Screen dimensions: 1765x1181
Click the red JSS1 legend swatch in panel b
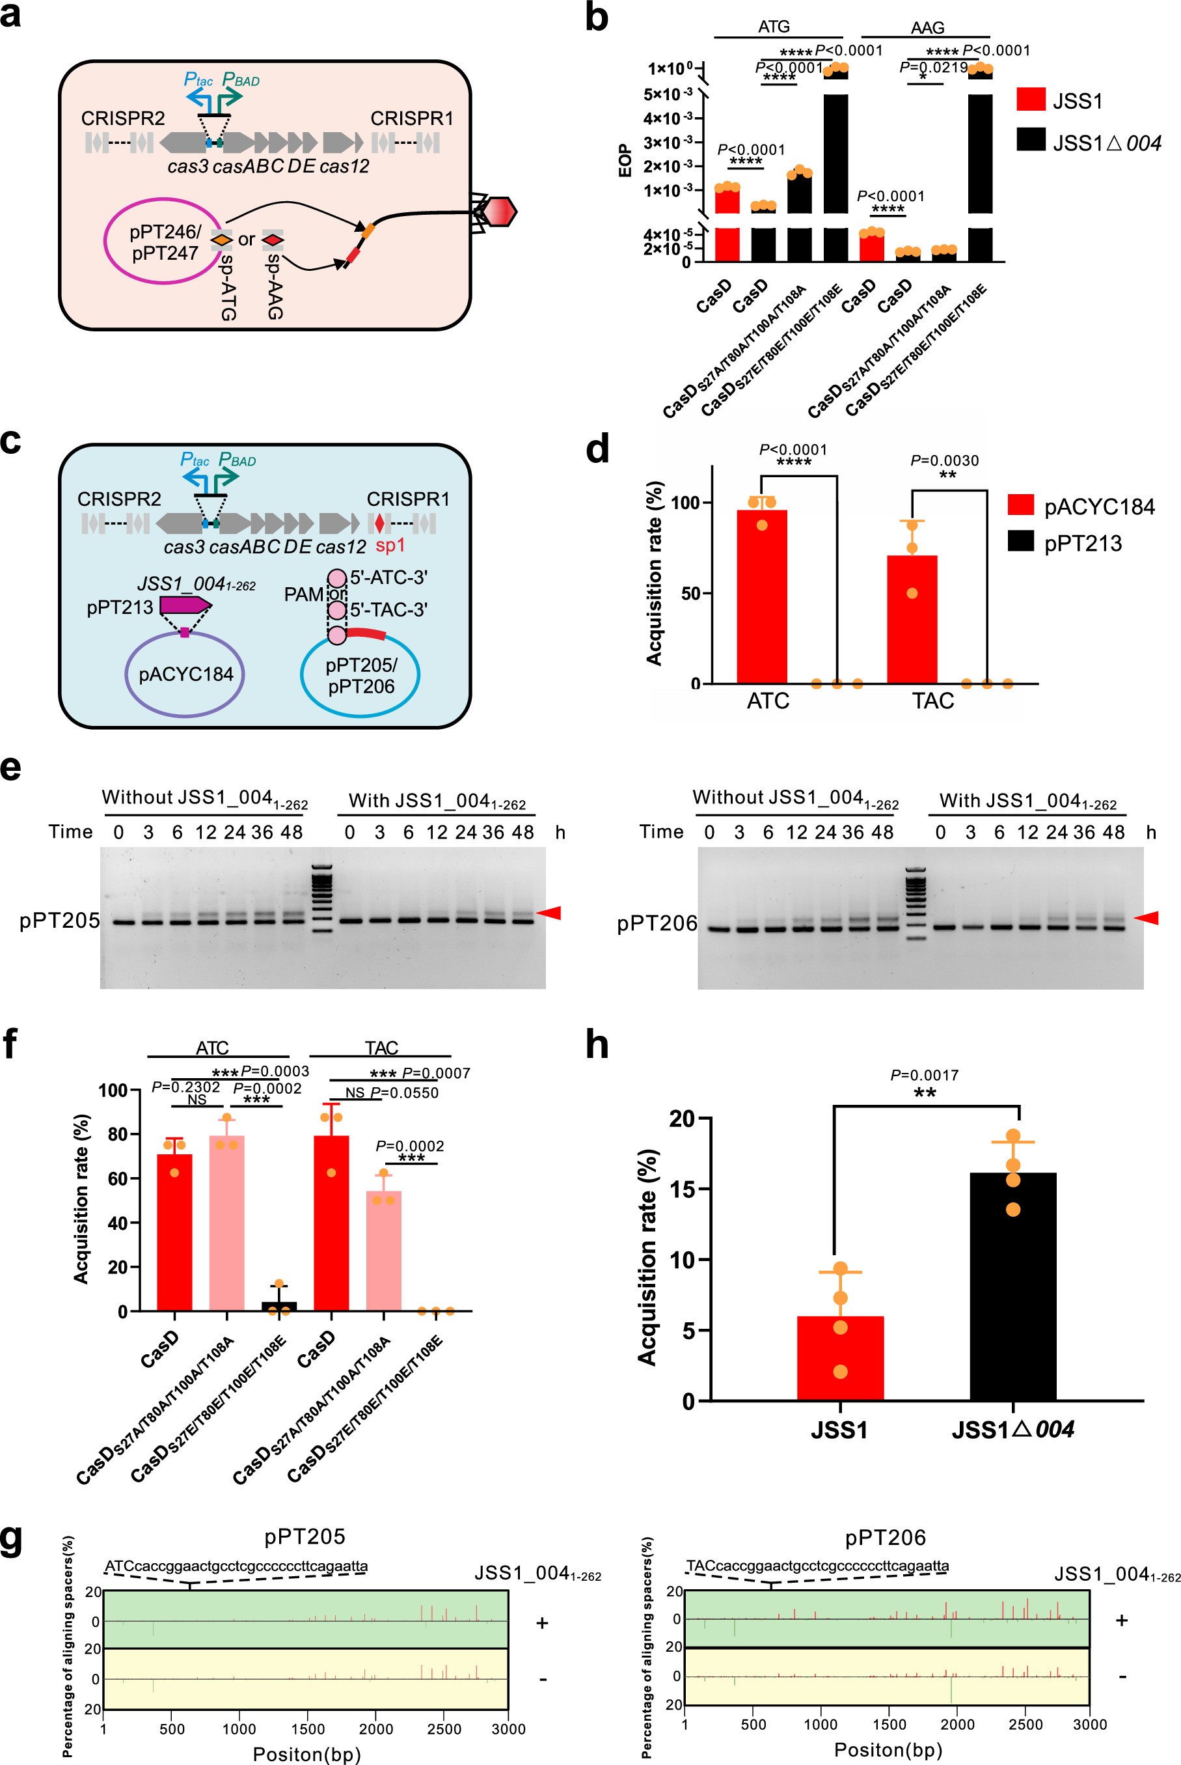pos(1030,100)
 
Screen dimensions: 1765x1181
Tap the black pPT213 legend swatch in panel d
pos(1020,541)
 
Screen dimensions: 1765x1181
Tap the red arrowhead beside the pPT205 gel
pos(549,913)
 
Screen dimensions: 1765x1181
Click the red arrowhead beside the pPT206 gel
pos(1146,918)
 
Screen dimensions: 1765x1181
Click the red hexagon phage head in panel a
pos(498,212)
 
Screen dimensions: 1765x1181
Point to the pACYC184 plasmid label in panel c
pos(185,673)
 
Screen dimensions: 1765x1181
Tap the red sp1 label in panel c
pos(390,545)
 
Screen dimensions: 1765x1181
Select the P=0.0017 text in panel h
pos(924,1075)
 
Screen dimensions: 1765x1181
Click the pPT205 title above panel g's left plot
pos(305,1536)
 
